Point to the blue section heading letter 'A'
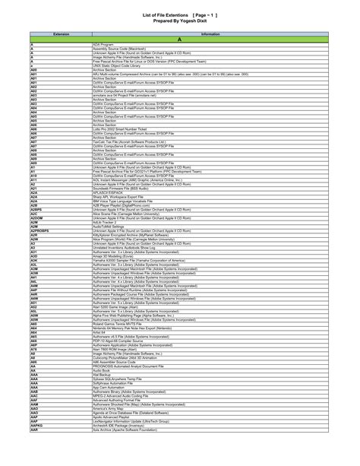point(179,40)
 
